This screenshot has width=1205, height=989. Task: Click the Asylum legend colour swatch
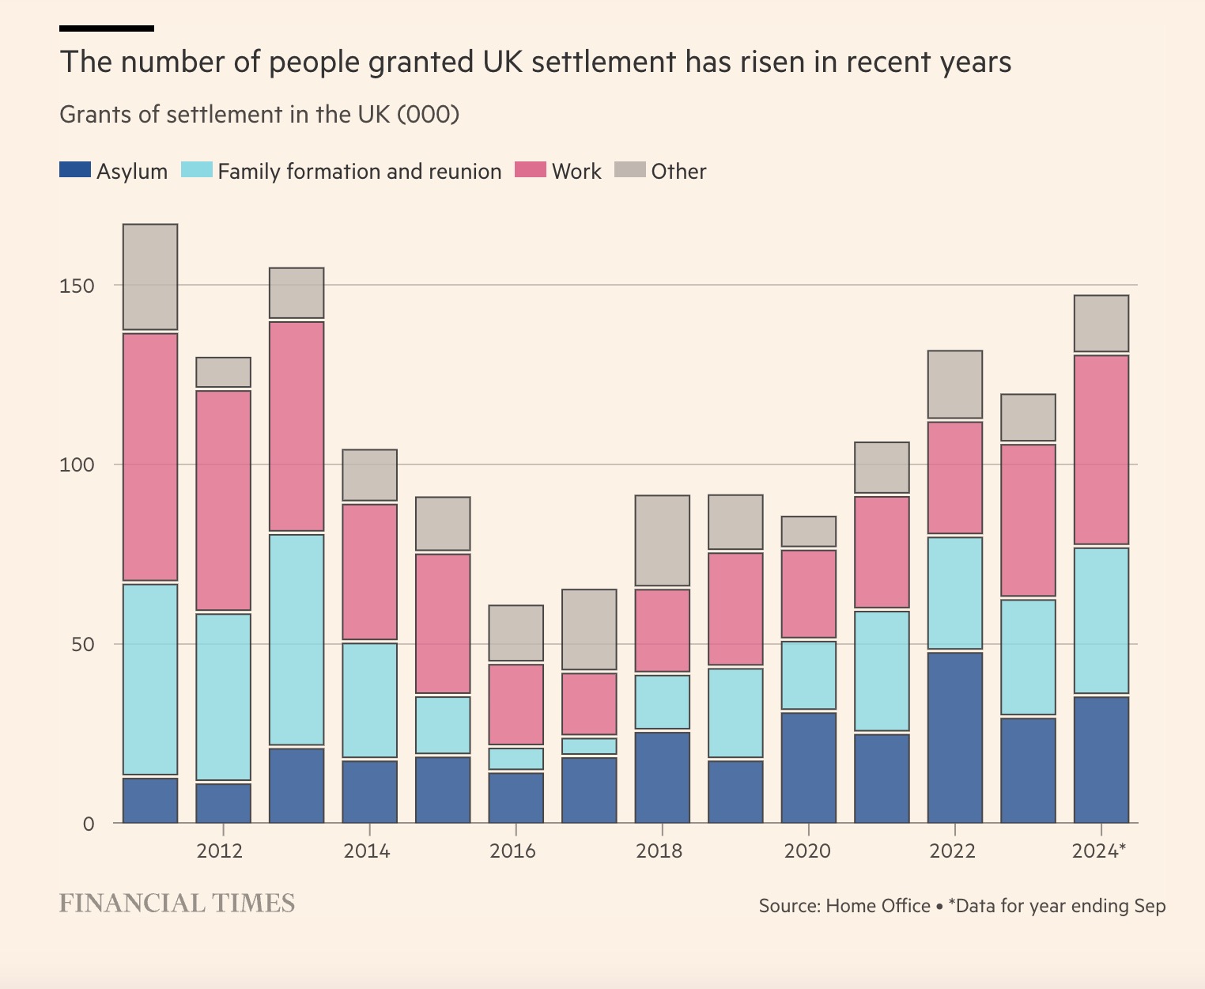pos(75,169)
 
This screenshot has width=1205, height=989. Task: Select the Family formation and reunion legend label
pos(359,172)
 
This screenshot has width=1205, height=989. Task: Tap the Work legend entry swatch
pos(530,169)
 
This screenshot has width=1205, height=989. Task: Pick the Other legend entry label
pos(678,172)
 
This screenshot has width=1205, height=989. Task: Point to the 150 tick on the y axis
pos(77,286)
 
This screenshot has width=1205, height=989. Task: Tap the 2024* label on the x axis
pos(1098,851)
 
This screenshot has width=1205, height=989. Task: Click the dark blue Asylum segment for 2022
pos(955,737)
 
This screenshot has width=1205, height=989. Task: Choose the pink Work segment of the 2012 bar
pos(224,500)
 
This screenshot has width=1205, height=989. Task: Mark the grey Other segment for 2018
pos(663,541)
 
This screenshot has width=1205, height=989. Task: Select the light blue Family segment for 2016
pos(516,759)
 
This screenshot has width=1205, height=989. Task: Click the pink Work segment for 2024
pos(1101,449)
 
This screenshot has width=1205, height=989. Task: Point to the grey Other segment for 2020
pos(809,532)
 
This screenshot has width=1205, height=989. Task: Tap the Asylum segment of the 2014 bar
pos(369,791)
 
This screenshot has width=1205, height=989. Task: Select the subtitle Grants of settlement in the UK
pos(259,115)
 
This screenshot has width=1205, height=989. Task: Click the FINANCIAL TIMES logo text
pos(177,904)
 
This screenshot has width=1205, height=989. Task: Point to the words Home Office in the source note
pos(878,906)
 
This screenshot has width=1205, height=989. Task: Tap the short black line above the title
pos(107,28)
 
